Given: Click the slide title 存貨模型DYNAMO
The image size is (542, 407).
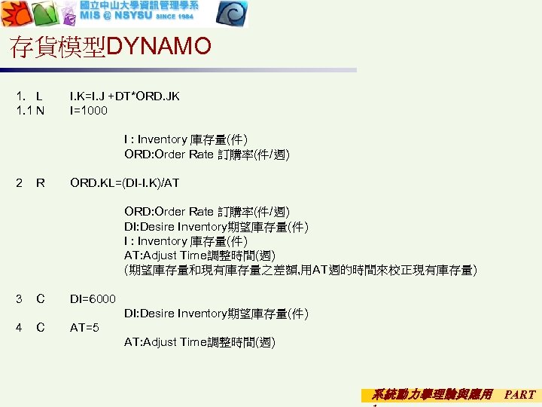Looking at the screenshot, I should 111,47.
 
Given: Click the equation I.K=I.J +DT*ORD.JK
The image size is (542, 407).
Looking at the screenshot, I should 124,96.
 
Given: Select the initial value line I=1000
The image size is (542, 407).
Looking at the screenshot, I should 89,111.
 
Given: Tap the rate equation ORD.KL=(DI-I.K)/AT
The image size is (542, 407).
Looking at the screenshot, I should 124,182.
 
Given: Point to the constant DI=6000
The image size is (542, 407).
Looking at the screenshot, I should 93,299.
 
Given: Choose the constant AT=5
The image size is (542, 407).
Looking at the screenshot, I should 84,328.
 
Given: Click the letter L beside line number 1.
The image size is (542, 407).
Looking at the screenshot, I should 38,96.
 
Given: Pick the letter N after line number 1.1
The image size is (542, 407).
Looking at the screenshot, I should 40,111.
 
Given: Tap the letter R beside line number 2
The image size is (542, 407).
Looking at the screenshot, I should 40,182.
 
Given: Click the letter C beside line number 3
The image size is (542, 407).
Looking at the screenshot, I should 40,299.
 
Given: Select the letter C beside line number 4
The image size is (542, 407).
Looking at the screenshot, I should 40,328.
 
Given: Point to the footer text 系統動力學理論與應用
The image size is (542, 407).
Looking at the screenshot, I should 432,394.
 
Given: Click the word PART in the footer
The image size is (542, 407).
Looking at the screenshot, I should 520,394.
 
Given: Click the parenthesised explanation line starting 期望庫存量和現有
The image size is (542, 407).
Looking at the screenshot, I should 300,270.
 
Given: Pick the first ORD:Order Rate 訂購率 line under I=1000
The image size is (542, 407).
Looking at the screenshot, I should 206,155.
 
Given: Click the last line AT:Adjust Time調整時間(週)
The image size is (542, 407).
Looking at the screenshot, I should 199,342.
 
